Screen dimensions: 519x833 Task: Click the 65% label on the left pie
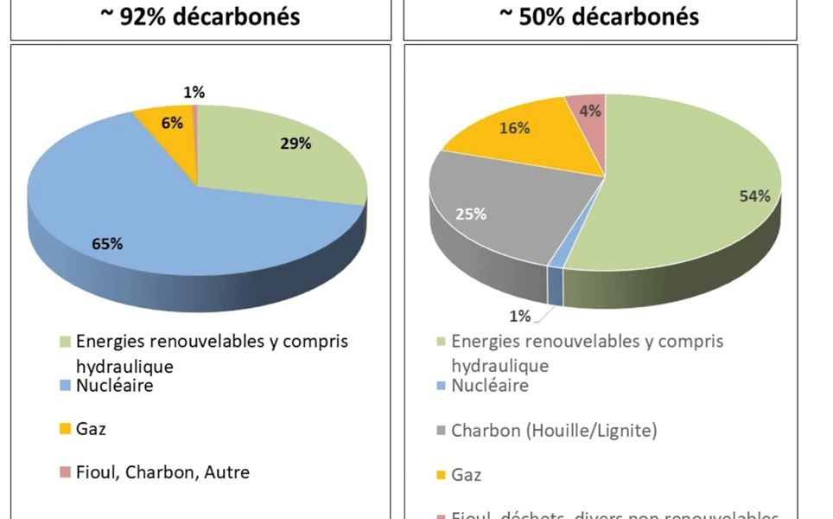(107, 243)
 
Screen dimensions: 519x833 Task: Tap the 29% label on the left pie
(296, 144)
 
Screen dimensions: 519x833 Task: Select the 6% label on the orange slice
(172, 123)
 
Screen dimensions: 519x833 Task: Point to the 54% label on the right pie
(754, 196)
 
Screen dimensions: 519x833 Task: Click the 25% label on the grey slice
(472, 214)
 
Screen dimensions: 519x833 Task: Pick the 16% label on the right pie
(515, 129)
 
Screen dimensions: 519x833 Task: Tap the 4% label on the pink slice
(590, 110)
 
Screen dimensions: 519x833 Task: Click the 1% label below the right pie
(519, 316)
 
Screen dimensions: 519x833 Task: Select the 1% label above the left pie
(194, 92)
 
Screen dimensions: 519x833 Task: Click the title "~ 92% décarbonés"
(200, 16)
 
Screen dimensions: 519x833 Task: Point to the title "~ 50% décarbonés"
(599, 16)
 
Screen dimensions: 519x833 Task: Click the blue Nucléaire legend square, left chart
(66, 386)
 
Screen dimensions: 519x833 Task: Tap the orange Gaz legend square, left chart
(66, 429)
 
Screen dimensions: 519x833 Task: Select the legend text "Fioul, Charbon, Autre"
(162, 472)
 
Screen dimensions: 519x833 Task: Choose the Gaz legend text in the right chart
(467, 474)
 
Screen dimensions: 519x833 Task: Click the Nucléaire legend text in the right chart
(489, 386)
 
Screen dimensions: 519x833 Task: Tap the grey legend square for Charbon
(441, 431)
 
